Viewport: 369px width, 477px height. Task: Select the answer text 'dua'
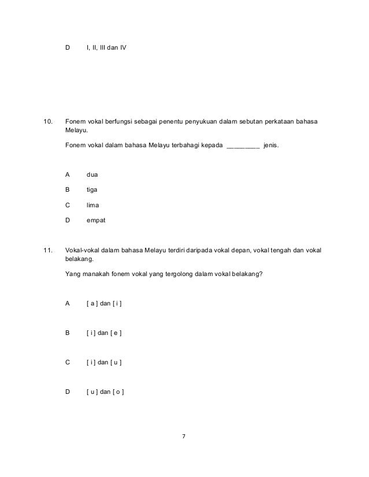click(93, 173)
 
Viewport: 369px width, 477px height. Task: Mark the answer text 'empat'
click(97, 220)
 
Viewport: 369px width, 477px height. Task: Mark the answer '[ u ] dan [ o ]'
click(105, 393)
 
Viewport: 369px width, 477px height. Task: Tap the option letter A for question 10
click(68, 173)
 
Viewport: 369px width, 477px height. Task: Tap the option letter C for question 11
click(68, 363)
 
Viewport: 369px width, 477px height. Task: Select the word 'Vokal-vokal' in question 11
click(82, 251)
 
